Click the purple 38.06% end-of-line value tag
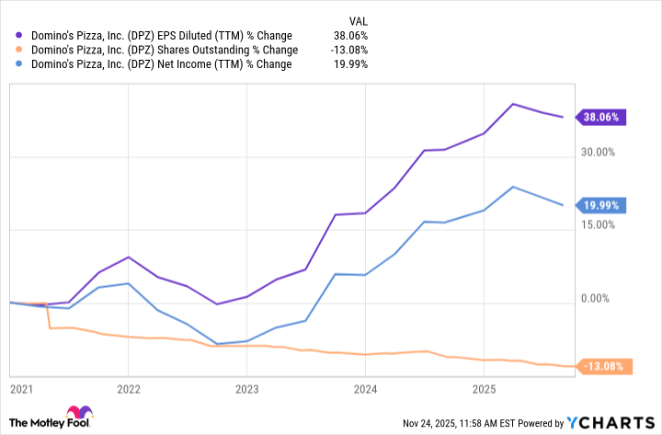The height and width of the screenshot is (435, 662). pos(601,117)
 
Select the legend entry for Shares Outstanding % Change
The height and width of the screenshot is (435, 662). pos(160,50)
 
